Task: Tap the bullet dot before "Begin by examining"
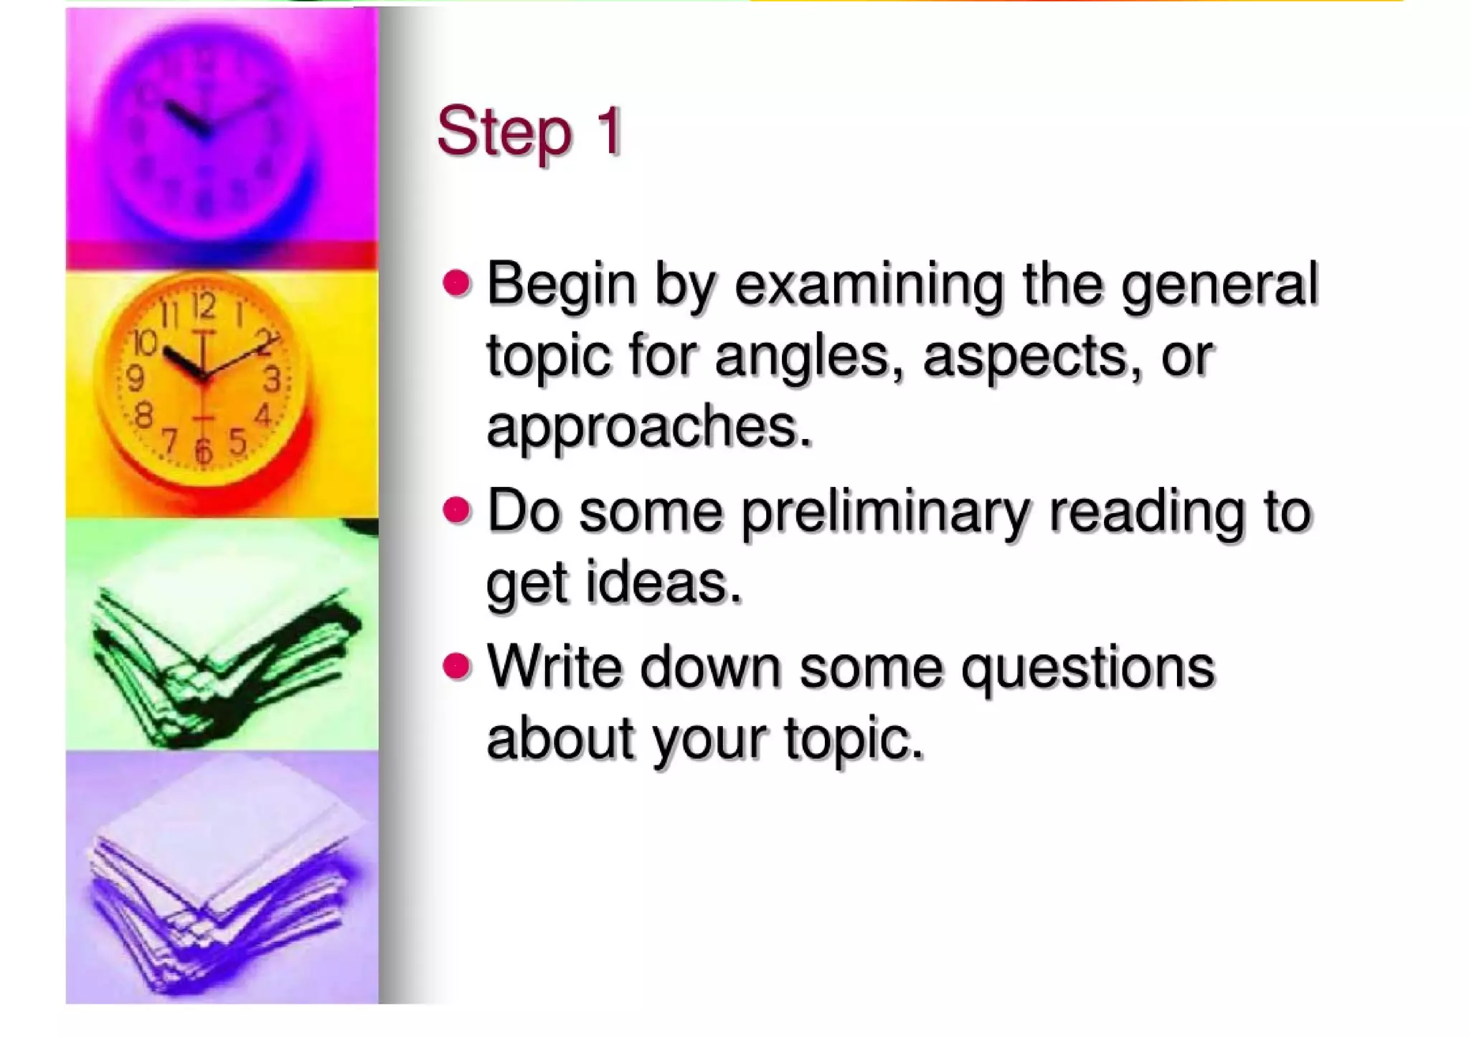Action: pyautogui.click(x=457, y=283)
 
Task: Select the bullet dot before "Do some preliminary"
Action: pyautogui.click(x=457, y=511)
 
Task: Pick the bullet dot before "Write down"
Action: pyautogui.click(x=457, y=666)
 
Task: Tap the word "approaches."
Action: pyautogui.click(x=649, y=427)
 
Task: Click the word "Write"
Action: pyautogui.click(x=554, y=666)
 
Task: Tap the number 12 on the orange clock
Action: pyautogui.click(x=204, y=308)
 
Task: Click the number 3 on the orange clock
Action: pyautogui.click(x=272, y=379)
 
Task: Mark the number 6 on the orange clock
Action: pyautogui.click(x=204, y=451)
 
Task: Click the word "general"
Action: pyautogui.click(x=1219, y=285)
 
